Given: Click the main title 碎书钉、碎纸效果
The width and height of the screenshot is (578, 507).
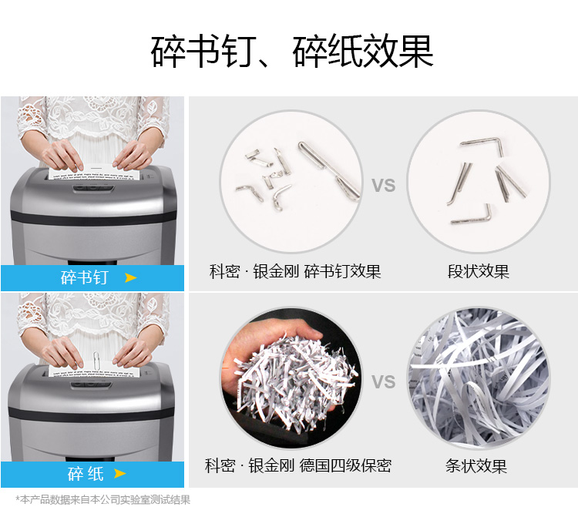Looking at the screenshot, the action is click(x=291, y=51).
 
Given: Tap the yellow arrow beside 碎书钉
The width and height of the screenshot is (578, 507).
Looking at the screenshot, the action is click(x=130, y=277).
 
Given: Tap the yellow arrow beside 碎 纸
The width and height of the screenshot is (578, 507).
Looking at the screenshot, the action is click(x=119, y=473).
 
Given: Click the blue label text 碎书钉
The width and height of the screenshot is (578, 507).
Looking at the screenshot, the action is click(x=85, y=277).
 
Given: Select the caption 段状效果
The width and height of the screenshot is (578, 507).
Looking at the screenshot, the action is click(x=478, y=271).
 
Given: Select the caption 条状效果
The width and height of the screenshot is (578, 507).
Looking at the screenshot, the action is click(x=476, y=465).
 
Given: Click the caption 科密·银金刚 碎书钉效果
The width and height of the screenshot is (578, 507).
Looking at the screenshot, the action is click(x=295, y=271).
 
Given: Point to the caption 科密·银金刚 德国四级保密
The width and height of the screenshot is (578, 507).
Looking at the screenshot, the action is click(x=298, y=465).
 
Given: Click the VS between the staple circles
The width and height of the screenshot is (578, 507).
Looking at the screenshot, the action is click(x=383, y=186).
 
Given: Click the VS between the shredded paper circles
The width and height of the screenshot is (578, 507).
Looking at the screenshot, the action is click(x=383, y=381).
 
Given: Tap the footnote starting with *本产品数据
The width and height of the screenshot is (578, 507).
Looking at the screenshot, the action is click(x=102, y=499).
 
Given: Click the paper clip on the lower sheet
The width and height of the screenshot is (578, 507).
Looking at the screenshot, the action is click(x=96, y=361).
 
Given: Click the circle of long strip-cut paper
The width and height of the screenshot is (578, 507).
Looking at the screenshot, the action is click(x=479, y=378).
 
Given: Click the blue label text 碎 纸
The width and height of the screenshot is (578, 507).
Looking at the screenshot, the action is click(x=86, y=473).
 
